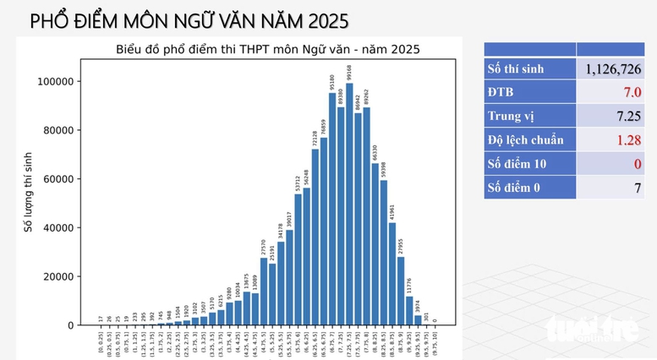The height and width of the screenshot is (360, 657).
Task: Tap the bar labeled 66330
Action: (x=375, y=244)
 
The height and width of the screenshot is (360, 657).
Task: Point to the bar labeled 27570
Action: (x=264, y=292)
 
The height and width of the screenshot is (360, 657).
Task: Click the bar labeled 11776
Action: (x=409, y=310)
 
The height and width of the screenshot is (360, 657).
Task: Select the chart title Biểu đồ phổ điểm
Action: (x=267, y=49)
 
